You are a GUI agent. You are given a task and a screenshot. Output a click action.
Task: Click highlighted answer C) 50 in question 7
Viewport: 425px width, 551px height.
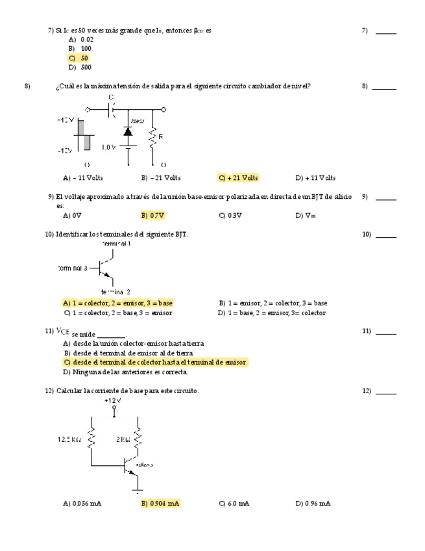[79, 58]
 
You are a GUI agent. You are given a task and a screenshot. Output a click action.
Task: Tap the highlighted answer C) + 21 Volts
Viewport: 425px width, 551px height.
[238, 177]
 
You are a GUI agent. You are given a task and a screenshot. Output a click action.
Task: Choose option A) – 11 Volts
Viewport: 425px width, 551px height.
[83, 177]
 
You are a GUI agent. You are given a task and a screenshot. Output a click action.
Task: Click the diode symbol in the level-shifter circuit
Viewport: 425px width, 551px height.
[128, 132]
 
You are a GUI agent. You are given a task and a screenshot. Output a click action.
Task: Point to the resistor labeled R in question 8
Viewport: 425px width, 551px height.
[153, 138]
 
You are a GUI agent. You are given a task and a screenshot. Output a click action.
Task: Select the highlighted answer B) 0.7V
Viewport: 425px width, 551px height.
[152, 215]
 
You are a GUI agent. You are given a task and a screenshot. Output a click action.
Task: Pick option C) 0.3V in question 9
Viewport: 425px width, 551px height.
[230, 215]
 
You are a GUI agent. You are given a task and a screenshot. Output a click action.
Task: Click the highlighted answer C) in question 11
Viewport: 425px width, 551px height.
[155, 362]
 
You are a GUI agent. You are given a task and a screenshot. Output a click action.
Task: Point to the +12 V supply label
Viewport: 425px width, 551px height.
[114, 401]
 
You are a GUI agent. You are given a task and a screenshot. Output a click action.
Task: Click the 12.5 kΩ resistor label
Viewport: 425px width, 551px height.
[69, 439]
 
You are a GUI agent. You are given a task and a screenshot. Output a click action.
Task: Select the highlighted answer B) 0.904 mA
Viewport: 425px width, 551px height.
[160, 503]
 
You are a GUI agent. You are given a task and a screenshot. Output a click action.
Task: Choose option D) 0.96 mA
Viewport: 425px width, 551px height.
[313, 503]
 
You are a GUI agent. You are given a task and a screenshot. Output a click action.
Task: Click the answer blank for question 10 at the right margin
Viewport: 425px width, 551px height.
[385, 236]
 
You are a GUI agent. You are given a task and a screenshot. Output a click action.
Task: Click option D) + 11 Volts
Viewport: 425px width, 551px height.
[315, 177]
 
